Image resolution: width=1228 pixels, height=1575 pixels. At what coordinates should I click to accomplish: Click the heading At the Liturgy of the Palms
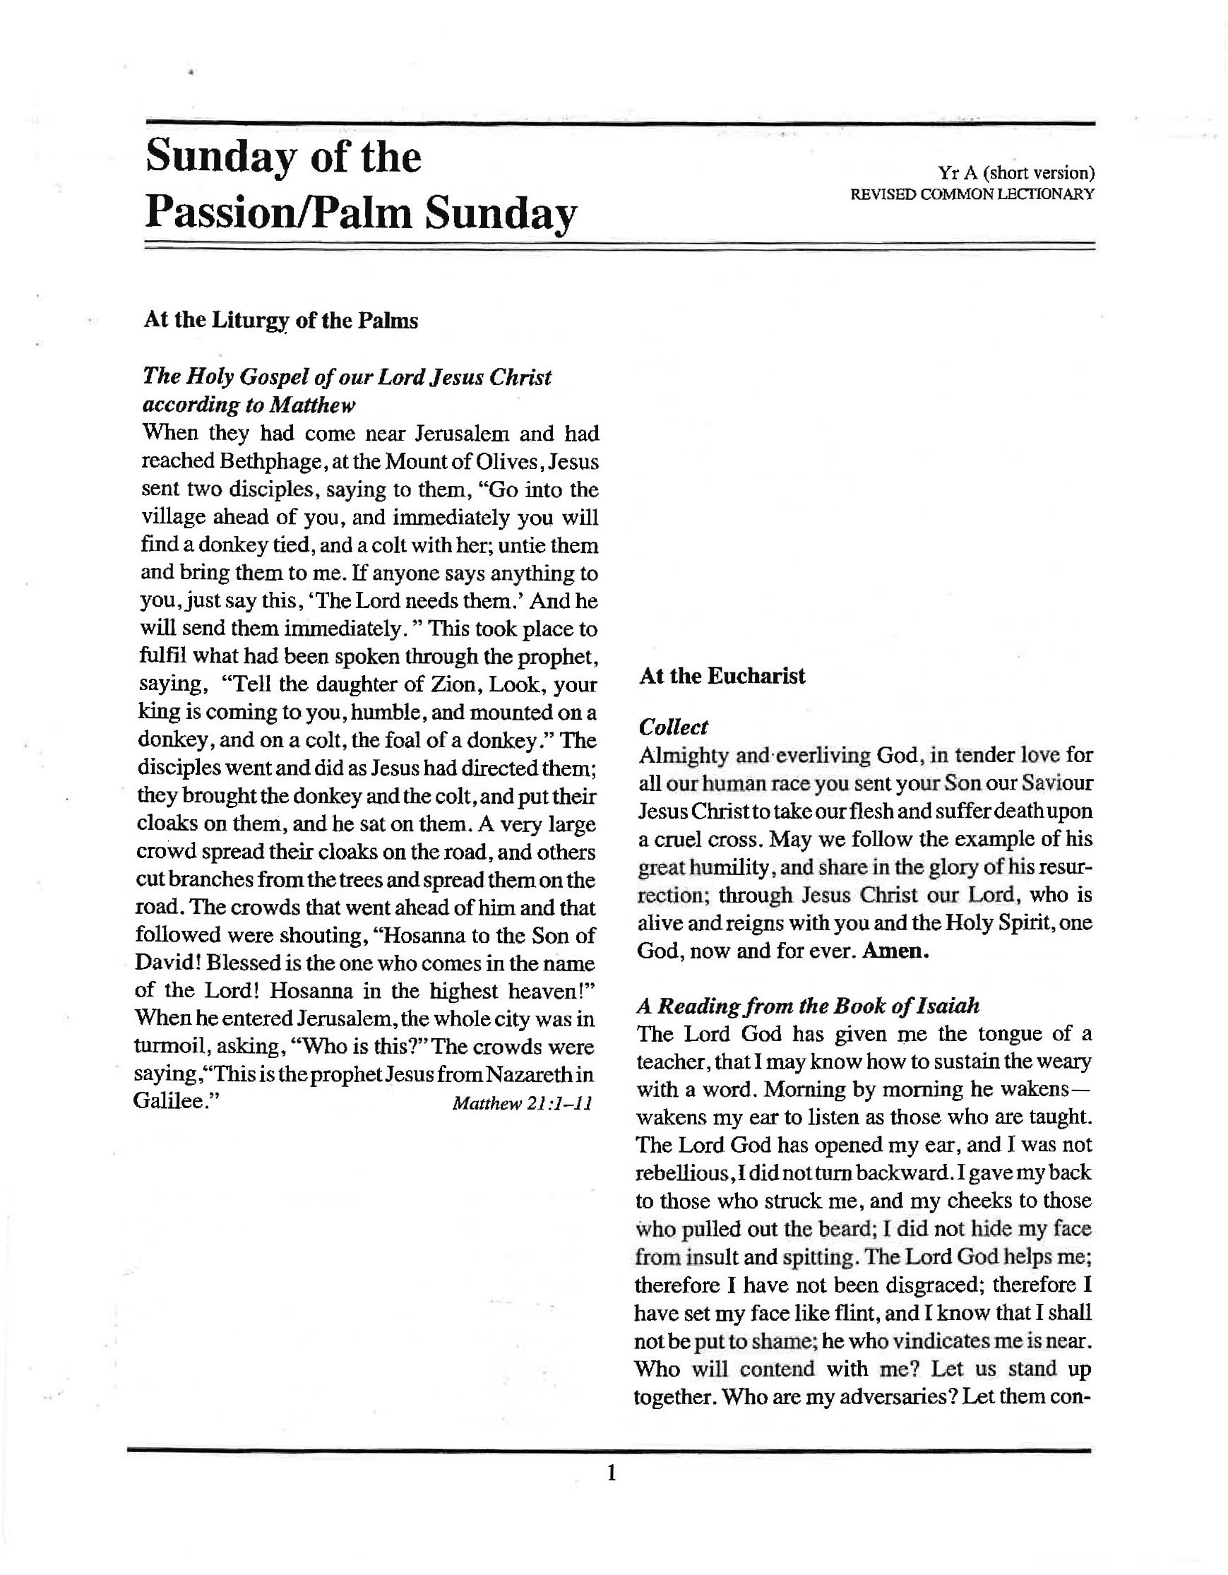pyautogui.click(x=280, y=320)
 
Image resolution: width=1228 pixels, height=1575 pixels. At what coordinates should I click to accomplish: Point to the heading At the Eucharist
pyautogui.click(x=722, y=676)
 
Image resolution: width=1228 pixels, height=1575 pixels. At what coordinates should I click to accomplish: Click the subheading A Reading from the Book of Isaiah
pyautogui.click(x=809, y=1005)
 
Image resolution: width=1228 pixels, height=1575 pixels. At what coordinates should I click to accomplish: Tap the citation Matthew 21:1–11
pyautogui.click(x=522, y=1103)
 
